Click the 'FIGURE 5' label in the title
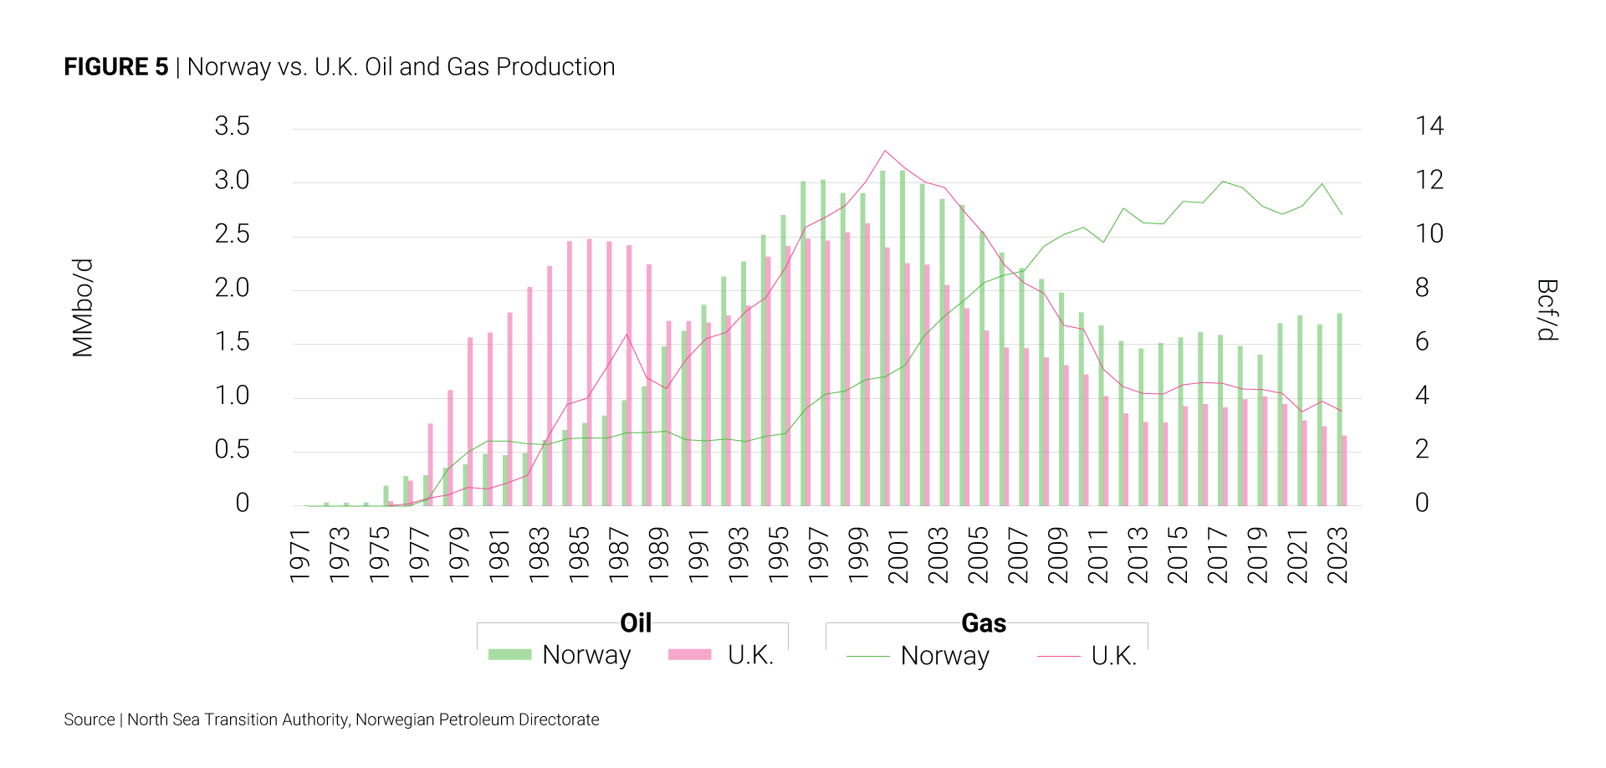tap(116, 67)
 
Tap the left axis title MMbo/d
tap(83, 308)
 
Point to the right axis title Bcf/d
tap(1547, 310)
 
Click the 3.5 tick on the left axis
tap(232, 126)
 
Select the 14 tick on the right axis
tap(1430, 126)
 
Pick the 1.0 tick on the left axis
tap(232, 396)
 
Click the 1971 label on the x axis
tap(299, 556)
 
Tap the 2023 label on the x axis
tap(1337, 556)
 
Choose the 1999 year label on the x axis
tap(858, 556)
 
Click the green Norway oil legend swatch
tap(509, 655)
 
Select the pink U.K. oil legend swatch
tap(690, 655)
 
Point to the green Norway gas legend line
tap(867, 657)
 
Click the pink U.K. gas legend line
tap(1058, 657)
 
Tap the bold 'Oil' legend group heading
tap(636, 623)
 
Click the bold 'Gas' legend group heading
tap(984, 623)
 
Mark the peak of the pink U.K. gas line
tap(885, 151)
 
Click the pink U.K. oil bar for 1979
tap(450, 448)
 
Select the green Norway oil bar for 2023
tap(1339, 410)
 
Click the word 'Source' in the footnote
tap(90, 720)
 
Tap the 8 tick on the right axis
tap(1422, 288)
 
